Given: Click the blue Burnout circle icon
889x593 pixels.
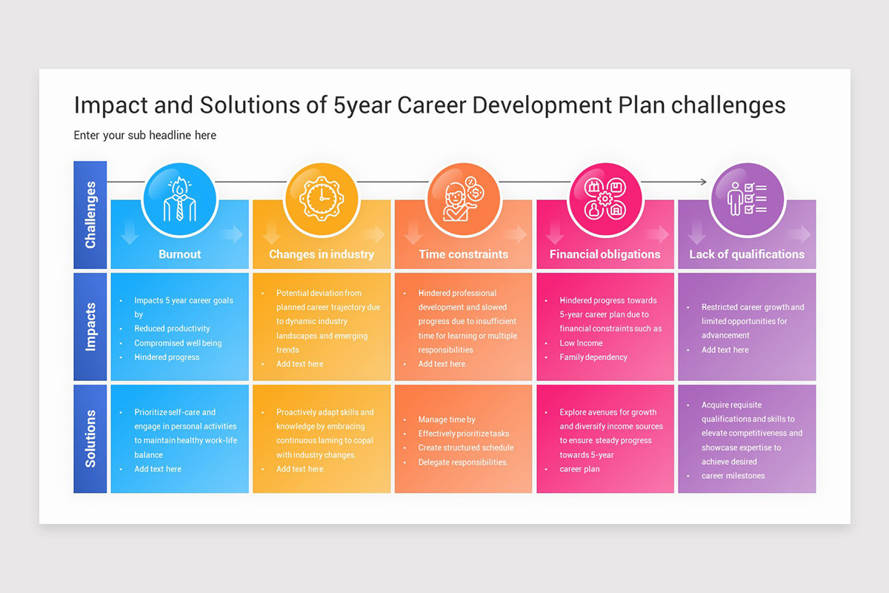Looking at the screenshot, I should (x=179, y=199).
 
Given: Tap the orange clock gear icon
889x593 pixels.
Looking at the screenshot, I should (x=321, y=199).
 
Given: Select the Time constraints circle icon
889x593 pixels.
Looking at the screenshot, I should (x=463, y=199).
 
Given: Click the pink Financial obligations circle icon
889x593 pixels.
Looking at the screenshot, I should (x=605, y=199).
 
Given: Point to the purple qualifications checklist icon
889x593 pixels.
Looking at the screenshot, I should (x=747, y=199).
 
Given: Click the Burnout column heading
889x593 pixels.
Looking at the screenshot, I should (x=179, y=254).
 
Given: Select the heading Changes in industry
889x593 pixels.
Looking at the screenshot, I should (x=321, y=254).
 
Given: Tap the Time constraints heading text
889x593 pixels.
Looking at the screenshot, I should (x=463, y=254).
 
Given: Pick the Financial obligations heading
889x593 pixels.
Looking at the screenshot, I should (x=605, y=254).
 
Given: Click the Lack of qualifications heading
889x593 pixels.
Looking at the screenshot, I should (x=747, y=254).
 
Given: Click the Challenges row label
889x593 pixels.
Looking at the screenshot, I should (x=90, y=215).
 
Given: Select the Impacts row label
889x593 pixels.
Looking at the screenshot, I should (x=90, y=326).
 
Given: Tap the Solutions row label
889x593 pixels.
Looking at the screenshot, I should (x=90, y=438).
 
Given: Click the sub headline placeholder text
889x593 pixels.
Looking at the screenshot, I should (x=145, y=135).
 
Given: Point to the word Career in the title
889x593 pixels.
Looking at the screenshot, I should (x=431, y=105).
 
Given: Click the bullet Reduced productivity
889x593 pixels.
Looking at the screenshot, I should (x=172, y=328).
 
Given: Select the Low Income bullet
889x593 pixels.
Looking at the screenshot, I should (x=581, y=343).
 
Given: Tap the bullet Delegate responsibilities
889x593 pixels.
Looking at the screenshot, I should (x=463, y=462).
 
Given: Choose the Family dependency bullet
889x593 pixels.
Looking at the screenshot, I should (x=593, y=357).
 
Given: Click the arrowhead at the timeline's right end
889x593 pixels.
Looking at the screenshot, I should (x=703, y=182).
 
